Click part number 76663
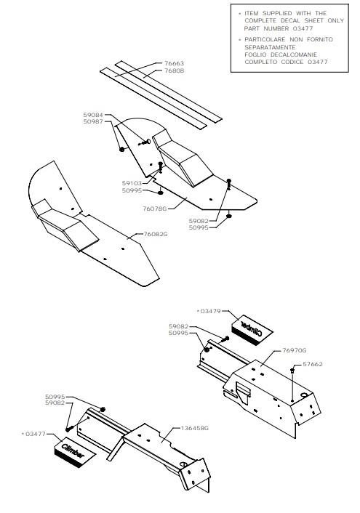[174, 63]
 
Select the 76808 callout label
[174, 70]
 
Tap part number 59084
[93, 115]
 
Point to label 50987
[93, 121]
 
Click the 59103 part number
[132, 184]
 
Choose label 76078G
[155, 209]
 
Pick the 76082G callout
[156, 234]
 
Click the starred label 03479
[209, 311]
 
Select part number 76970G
[295, 350]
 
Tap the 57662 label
[313, 364]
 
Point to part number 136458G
[195, 428]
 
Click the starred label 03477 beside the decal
[33, 434]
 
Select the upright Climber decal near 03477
[74, 453]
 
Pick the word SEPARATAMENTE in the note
[270, 47]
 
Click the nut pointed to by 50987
[122, 149]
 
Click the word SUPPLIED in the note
[277, 13]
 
